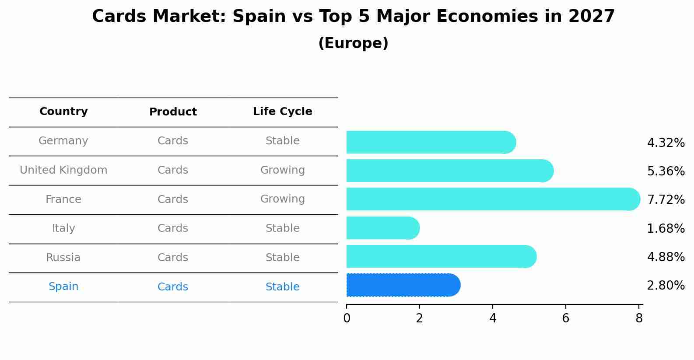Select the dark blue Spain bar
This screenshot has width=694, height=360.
403,285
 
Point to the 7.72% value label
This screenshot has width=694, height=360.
666,200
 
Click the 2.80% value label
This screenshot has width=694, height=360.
666,286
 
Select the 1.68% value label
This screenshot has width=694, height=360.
666,228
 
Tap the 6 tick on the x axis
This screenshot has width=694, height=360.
566,318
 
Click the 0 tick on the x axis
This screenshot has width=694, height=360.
347,318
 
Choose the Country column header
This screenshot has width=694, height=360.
63,112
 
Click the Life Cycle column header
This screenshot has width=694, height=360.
283,112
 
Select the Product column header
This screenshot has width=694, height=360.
173,112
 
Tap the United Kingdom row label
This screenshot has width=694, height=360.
63,170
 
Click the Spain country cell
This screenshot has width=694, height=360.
63,287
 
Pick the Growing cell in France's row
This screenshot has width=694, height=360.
283,199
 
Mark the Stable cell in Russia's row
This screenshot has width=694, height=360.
283,258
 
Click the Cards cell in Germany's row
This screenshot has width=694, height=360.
173,141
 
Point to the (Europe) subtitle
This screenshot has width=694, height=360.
353,43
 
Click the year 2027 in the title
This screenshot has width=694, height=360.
592,17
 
